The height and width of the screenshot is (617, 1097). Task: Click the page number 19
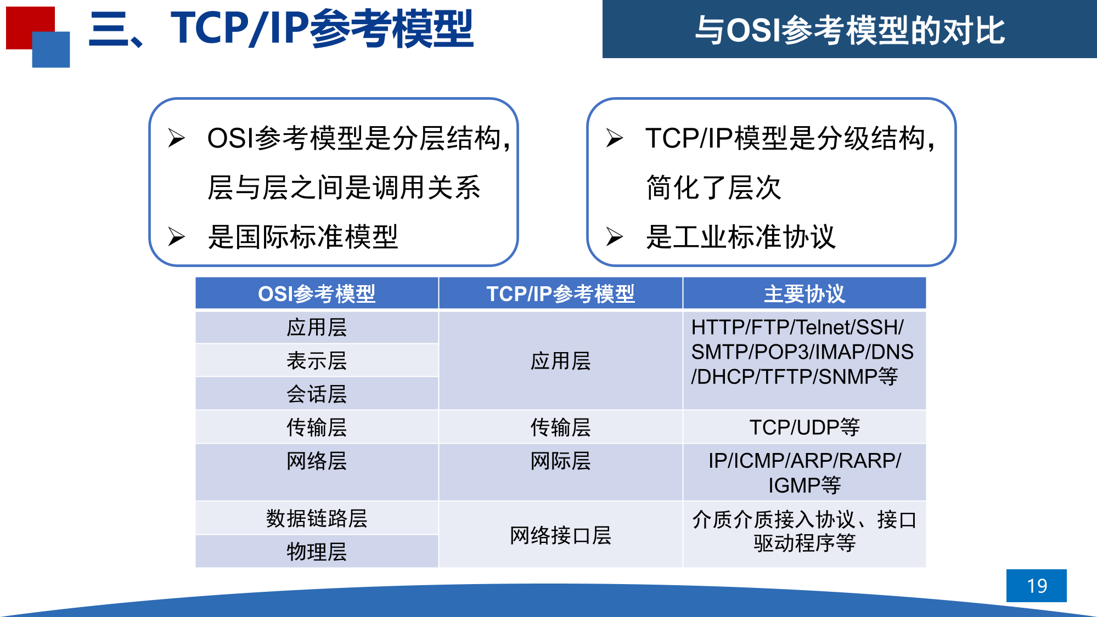tap(1037, 586)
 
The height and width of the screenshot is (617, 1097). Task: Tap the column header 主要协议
tap(805, 294)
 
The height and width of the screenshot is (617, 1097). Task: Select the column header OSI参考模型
tap(317, 294)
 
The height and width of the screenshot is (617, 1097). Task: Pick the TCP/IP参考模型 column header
tap(560, 294)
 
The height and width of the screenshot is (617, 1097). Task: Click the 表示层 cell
tap(317, 361)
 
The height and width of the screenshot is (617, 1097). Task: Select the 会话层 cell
tap(317, 394)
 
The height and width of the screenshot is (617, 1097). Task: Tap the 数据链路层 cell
tap(317, 518)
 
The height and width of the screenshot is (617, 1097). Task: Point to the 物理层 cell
tap(317, 552)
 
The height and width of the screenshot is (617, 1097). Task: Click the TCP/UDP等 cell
tap(805, 427)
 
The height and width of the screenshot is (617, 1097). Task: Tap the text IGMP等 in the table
tap(805, 485)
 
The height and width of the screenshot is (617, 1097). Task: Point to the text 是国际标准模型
tap(303, 237)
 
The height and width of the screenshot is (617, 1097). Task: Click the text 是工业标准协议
tap(741, 237)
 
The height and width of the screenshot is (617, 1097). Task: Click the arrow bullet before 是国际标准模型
tap(176, 236)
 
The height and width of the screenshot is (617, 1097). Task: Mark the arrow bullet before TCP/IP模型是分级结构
tap(615, 138)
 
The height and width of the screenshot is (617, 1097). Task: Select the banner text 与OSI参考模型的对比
tap(850, 30)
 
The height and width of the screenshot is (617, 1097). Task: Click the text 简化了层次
tap(713, 188)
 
